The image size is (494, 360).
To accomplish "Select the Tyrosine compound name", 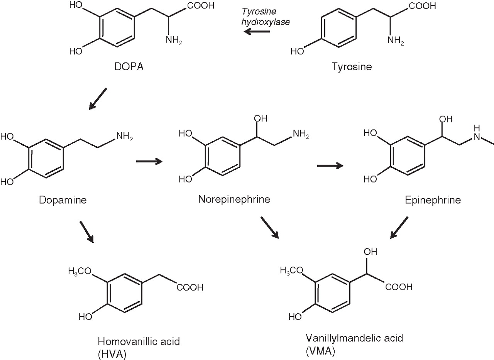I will click(x=352, y=66).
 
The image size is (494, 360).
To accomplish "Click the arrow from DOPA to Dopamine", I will click(x=97, y=99).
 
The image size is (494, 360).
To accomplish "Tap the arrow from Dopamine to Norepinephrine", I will click(x=149, y=162).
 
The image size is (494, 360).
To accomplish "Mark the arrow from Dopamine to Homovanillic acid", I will click(x=87, y=232).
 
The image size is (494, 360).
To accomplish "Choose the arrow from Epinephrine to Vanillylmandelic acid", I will click(x=399, y=228).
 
